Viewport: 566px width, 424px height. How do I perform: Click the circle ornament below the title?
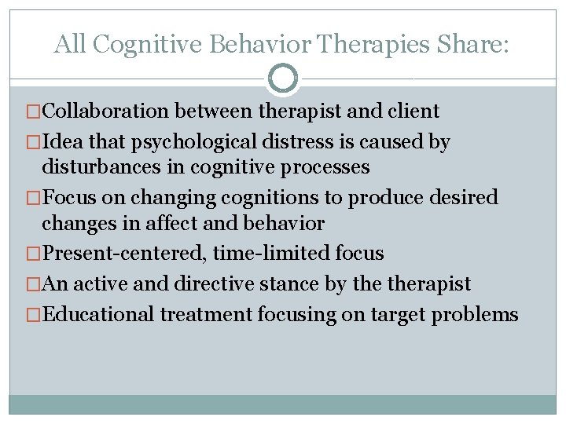283,79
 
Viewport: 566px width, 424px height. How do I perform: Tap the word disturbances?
100,167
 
